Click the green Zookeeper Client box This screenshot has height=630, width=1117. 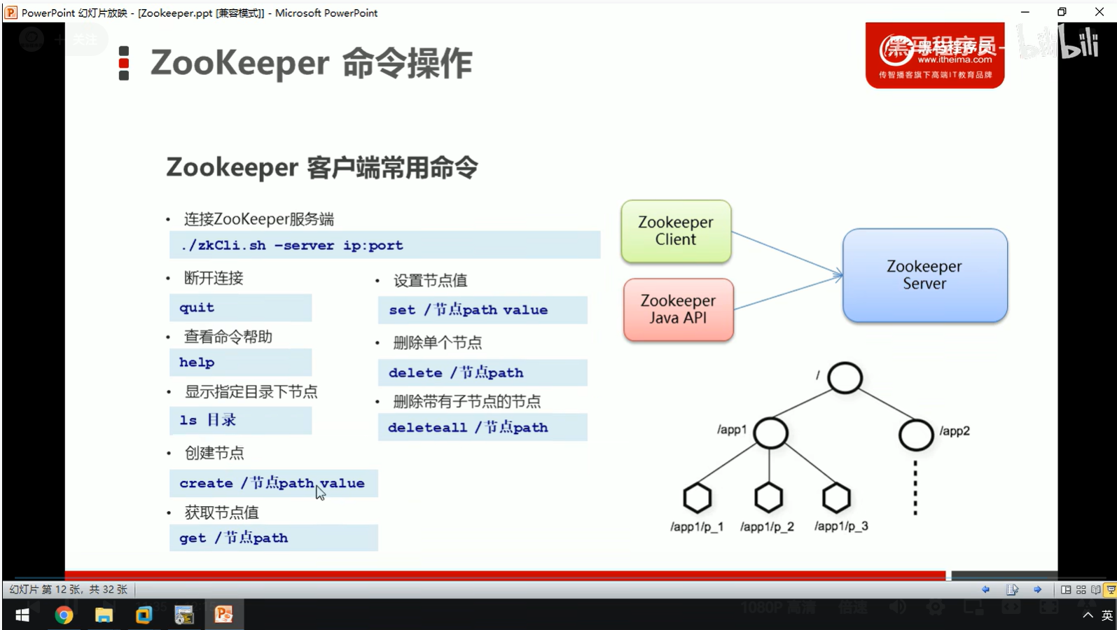(x=676, y=231)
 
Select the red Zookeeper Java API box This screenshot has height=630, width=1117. (x=678, y=309)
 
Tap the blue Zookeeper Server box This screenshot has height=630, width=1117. (x=924, y=275)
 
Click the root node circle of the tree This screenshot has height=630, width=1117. (x=845, y=378)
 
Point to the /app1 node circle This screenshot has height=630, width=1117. (x=770, y=433)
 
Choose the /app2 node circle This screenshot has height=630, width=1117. (x=915, y=434)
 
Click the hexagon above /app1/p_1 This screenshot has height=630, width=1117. (x=697, y=498)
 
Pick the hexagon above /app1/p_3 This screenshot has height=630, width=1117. (x=835, y=498)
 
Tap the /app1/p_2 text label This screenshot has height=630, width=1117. (x=767, y=526)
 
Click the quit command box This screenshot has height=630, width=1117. (x=240, y=308)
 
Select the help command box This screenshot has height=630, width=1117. (x=240, y=363)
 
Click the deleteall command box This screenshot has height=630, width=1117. (x=482, y=428)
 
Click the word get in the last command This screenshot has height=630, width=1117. (x=193, y=538)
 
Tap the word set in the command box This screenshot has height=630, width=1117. (x=402, y=310)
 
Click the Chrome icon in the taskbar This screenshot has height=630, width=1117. (x=64, y=615)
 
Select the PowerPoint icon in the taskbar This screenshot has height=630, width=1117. (x=223, y=615)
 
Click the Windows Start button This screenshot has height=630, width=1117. (x=22, y=615)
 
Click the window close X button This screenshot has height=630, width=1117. (x=1099, y=12)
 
